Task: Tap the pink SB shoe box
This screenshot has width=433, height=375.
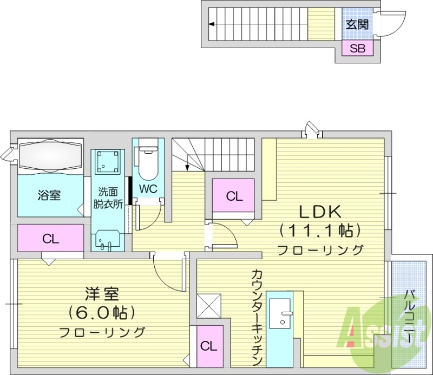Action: [x=357, y=48]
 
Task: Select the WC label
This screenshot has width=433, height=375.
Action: [x=148, y=189]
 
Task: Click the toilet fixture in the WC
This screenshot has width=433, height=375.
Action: [x=148, y=161]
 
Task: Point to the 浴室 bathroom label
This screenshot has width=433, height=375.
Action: [x=49, y=195]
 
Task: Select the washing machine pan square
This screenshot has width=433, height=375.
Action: [x=107, y=161]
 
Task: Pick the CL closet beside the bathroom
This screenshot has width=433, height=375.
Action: [x=50, y=239]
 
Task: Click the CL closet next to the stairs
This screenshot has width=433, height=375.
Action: [x=234, y=196]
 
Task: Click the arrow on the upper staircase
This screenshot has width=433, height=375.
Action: [x=211, y=24]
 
